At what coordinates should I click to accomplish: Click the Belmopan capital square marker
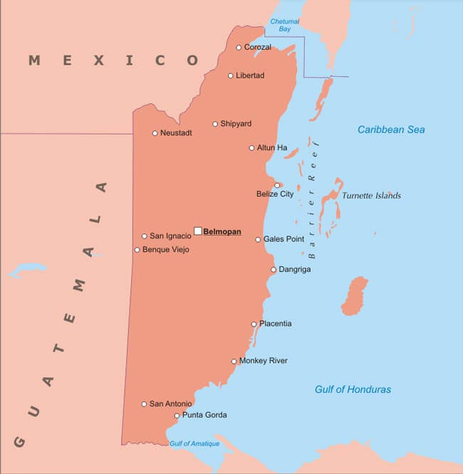[198, 231]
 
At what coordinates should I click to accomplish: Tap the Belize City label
[275, 194]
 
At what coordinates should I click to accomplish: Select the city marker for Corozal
[239, 48]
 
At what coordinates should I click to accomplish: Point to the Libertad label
[250, 75]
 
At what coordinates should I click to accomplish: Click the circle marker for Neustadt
[155, 133]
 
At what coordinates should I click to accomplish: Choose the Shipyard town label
[236, 124]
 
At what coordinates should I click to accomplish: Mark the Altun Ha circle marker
[251, 148]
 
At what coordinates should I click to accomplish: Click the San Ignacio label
[170, 236]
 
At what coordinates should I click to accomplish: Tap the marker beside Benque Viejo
[137, 250]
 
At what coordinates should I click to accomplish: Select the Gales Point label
[284, 239]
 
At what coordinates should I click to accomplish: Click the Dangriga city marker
[273, 270]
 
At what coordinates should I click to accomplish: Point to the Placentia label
[276, 324]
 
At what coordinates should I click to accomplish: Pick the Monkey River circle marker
[234, 361]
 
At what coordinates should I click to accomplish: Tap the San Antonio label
[170, 404]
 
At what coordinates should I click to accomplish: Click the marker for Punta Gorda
[177, 416]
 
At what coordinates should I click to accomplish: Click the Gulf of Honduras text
[353, 389]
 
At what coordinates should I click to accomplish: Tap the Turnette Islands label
[371, 196]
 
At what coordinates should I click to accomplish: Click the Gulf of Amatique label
[194, 444]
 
